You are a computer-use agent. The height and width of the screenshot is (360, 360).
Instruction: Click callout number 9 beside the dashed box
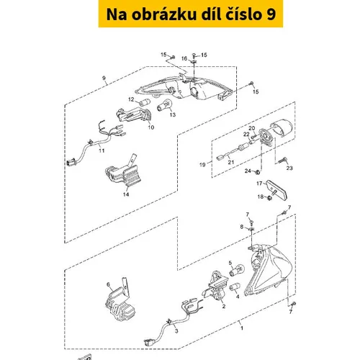(104, 78)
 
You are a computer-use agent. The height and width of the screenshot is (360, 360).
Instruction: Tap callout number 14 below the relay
(126, 194)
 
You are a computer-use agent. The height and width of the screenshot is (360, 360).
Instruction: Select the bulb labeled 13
(165, 106)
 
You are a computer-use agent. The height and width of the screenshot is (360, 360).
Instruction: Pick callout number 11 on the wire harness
(102, 150)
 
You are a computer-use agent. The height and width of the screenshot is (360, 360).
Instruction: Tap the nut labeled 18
(269, 198)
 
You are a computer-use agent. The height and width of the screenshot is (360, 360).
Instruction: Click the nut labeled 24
(258, 172)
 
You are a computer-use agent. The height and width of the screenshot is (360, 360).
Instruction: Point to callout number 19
(202, 165)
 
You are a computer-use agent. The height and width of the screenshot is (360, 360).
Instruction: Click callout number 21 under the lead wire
(231, 162)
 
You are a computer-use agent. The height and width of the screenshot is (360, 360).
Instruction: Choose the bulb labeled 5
(237, 270)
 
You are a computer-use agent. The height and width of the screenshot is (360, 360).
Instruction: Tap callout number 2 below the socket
(224, 306)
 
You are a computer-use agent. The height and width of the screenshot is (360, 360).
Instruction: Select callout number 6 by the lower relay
(108, 284)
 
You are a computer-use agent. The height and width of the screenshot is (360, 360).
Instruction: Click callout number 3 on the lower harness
(176, 331)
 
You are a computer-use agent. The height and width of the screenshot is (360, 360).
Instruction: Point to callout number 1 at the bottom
(242, 328)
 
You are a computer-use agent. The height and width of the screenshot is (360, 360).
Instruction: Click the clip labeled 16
(194, 62)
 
